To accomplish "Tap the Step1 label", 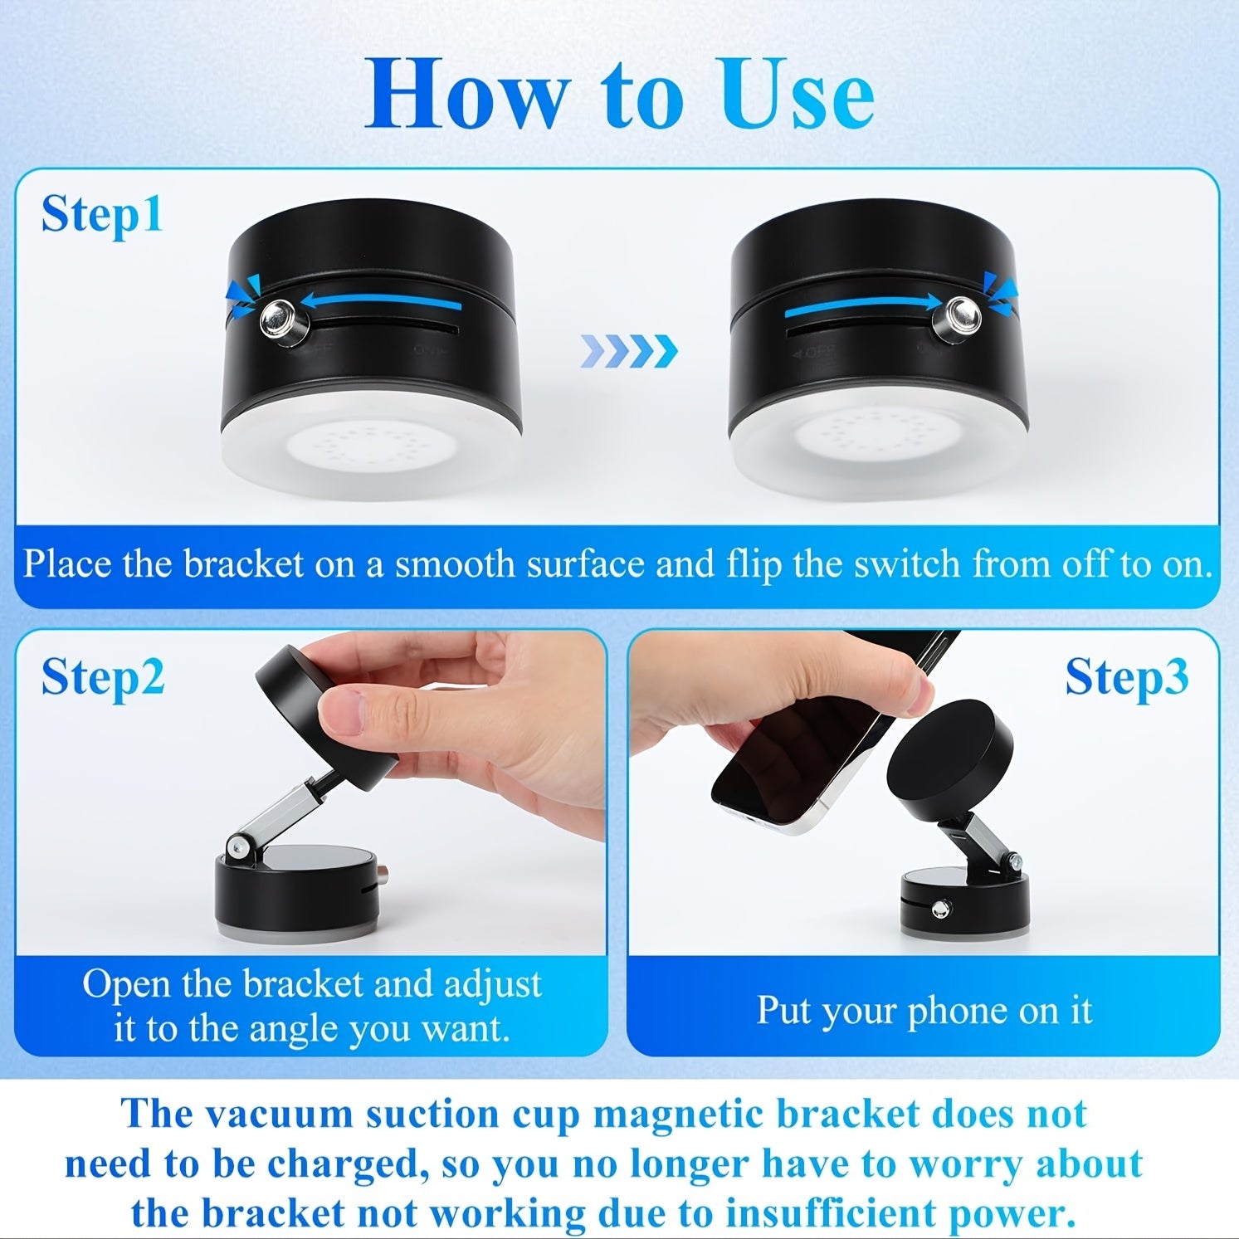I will coord(102,214).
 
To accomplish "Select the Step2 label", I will coord(103,676).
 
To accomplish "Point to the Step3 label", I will coord(1126,676).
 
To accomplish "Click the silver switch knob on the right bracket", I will coord(959,316).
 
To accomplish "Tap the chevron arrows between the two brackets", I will coord(629,351).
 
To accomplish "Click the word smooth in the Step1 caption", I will coord(455,564).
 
